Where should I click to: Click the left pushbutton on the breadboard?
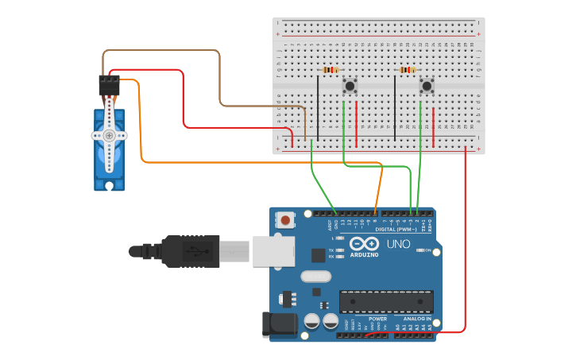[350, 85]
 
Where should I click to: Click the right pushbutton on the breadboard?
[427, 85]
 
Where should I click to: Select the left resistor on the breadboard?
[330, 70]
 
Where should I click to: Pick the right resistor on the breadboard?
[408, 70]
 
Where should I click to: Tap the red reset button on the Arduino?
[285, 219]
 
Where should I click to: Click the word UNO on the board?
[398, 243]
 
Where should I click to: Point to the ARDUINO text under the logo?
[365, 254]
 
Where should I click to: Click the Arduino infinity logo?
[365, 243]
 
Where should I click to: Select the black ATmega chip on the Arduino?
[386, 301]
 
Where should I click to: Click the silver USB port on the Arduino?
[273, 251]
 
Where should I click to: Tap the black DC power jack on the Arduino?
[279, 323]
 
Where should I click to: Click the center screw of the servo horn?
[109, 136]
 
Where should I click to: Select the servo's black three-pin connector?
[109, 84]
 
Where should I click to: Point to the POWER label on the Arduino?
[377, 319]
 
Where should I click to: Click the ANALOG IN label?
[417, 319]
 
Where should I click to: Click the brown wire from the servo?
[159, 50]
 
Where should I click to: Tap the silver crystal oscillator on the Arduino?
[315, 277]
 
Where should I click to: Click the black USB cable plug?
[191, 251]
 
